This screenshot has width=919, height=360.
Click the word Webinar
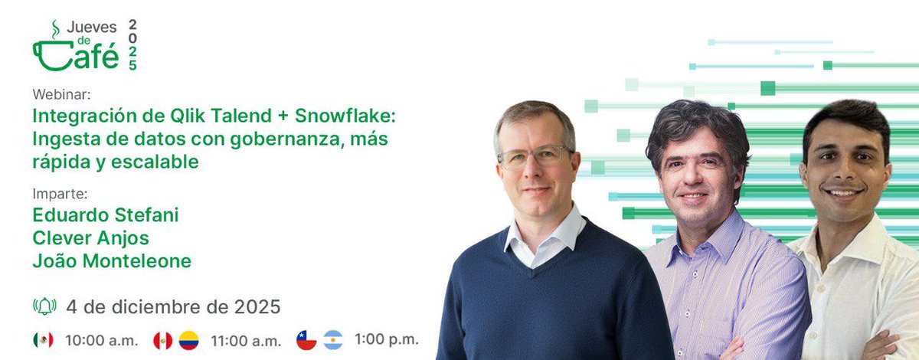pyautogui.click(x=61, y=94)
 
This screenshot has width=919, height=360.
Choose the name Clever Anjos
pyautogui.click(x=91, y=238)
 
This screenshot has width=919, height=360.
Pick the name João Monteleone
pyautogui.click(x=112, y=261)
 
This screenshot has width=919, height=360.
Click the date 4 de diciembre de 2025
pyautogui.click(x=173, y=307)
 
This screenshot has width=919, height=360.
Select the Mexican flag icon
pyautogui.click(x=43, y=339)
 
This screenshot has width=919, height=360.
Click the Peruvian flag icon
pyautogui.click(x=162, y=339)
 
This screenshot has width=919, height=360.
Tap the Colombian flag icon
pyautogui.click(x=188, y=339)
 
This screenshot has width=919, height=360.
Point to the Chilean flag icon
pyautogui.click(x=306, y=339)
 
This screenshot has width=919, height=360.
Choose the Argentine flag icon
pyautogui.click(x=332, y=339)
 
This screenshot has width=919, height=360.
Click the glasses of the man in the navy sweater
pyautogui.click(x=535, y=157)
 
